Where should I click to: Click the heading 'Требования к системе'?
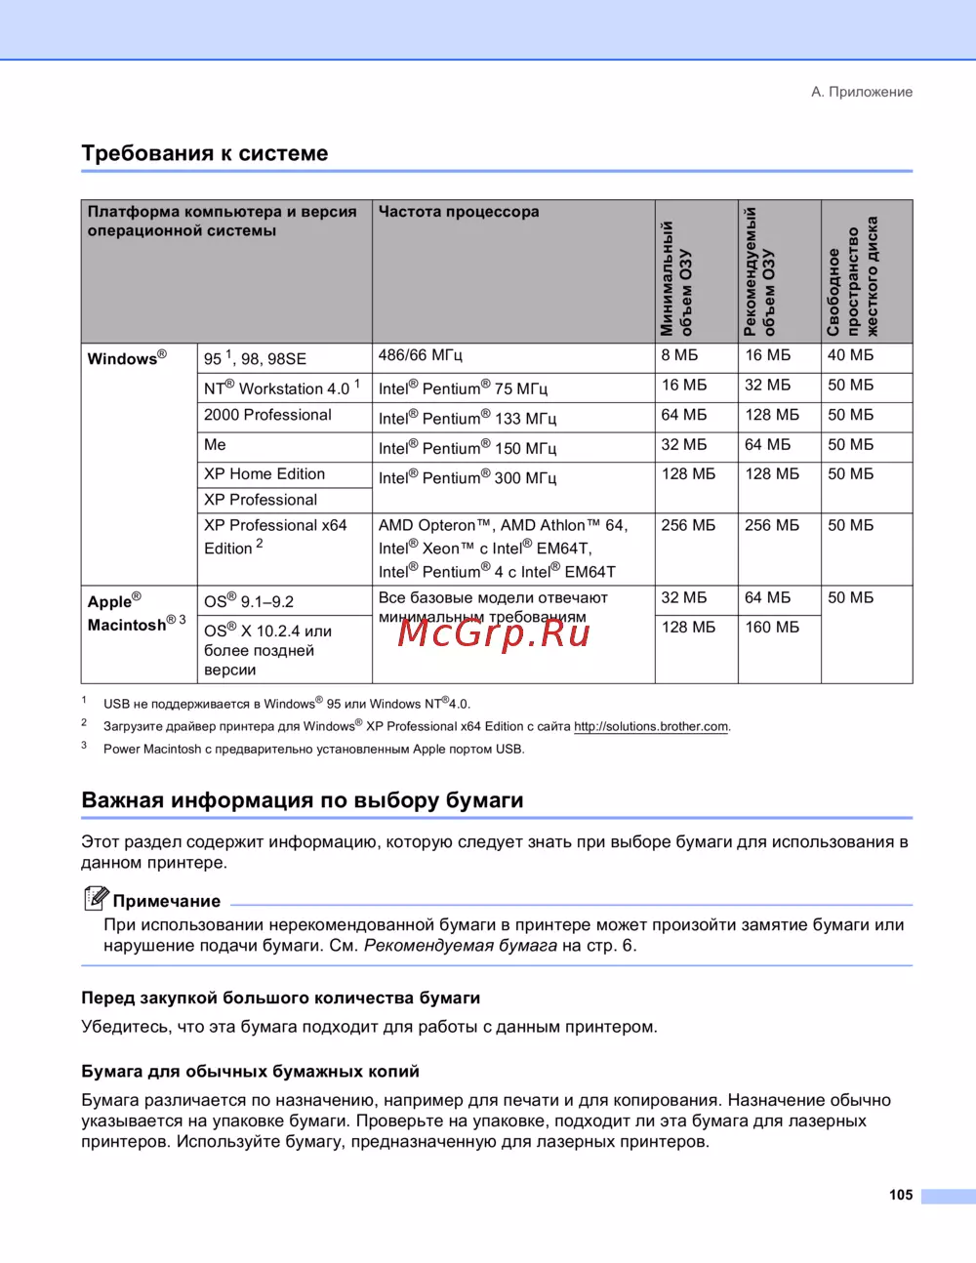205,153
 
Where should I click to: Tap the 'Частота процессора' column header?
459,212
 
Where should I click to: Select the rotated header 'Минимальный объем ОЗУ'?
675,278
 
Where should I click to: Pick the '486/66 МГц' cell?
421,355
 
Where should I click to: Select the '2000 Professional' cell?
267,415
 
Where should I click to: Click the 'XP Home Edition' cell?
264,474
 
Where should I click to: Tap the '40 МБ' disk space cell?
851,355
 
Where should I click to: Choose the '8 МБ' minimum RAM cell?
680,355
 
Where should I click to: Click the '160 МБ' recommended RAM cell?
772,627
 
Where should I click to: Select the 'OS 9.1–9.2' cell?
249,601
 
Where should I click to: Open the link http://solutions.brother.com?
651,726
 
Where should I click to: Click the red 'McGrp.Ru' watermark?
494,633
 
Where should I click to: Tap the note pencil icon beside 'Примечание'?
96,898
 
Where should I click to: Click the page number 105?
901,1195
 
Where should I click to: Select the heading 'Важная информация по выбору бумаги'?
303,800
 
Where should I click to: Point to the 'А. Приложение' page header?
862,92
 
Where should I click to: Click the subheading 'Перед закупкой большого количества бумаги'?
281,998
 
